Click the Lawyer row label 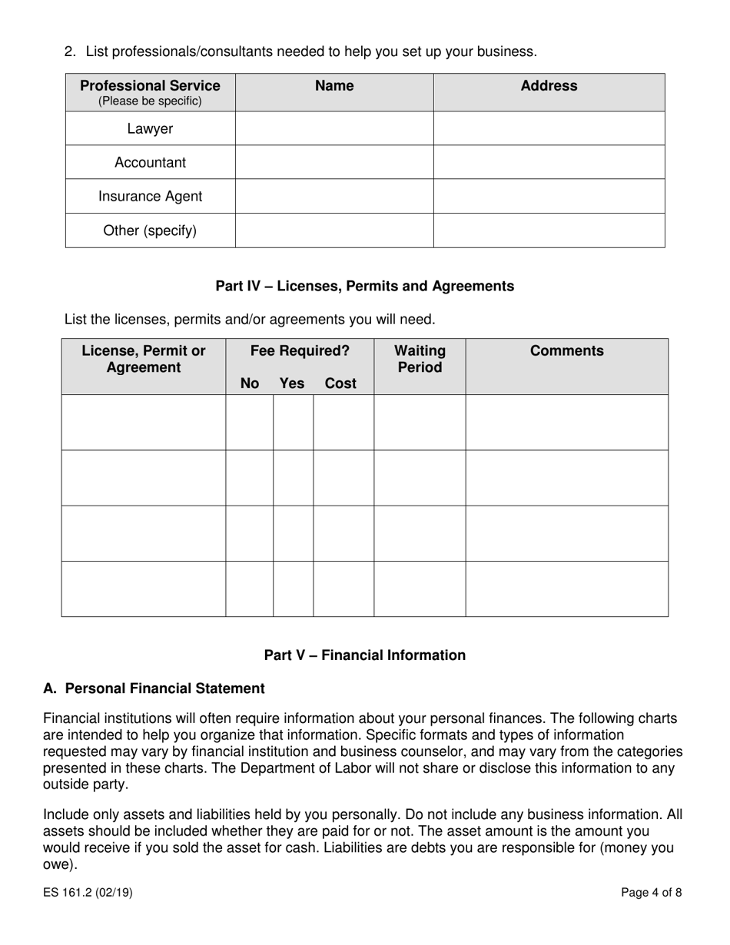click(x=150, y=129)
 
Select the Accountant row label click(x=150, y=163)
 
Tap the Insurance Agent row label click(x=150, y=197)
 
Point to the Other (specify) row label click(x=150, y=230)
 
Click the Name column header click(x=334, y=86)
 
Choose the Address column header click(x=549, y=86)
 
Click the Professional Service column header click(x=150, y=92)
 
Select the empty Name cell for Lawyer click(x=334, y=129)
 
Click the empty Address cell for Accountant click(x=549, y=163)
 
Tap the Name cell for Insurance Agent click(x=334, y=197)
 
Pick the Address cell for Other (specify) click(x=549, y=230)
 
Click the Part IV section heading click(x=364, y=286)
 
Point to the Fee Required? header click(x=300, y=351)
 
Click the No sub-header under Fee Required click(x=250, y=383)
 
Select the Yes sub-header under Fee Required click(x=292, y=383)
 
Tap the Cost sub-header click(x=340, y=383)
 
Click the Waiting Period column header click(x=420, y=359)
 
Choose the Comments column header click(x=566, y=351)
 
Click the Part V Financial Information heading click(x=364, y=655)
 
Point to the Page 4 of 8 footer click(x=652, y=893)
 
